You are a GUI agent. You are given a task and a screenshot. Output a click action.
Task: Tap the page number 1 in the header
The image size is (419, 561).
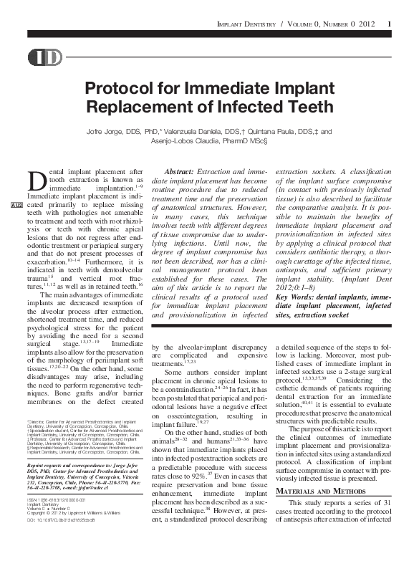click(x=389, y=26)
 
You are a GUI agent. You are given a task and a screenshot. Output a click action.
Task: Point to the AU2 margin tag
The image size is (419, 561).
click(x=16, y=206)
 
